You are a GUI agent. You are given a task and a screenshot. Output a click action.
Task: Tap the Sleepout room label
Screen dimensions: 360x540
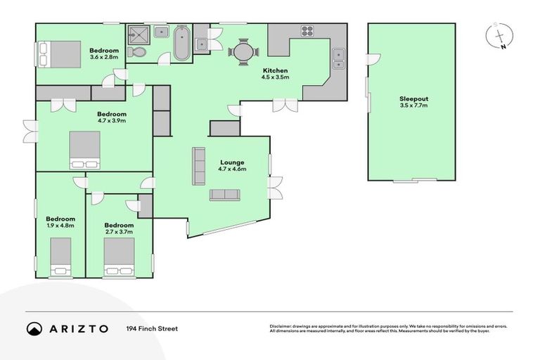(413, 101)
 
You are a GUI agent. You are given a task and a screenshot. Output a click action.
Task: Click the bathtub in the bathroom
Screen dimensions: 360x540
(181, 44)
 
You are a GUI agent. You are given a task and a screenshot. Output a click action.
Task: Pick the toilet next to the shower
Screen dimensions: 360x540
(139, 53)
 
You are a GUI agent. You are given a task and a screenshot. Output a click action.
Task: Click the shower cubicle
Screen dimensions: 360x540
(139, 34)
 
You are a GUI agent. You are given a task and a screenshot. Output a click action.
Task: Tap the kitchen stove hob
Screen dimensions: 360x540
(307, 31)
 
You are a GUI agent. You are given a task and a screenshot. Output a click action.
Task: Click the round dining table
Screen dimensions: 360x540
(243, 51)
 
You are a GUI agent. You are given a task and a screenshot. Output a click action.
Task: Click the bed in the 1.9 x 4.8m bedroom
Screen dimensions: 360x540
(60, 256)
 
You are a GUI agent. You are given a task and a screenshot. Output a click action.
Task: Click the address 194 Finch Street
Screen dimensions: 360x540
(152, 328)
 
